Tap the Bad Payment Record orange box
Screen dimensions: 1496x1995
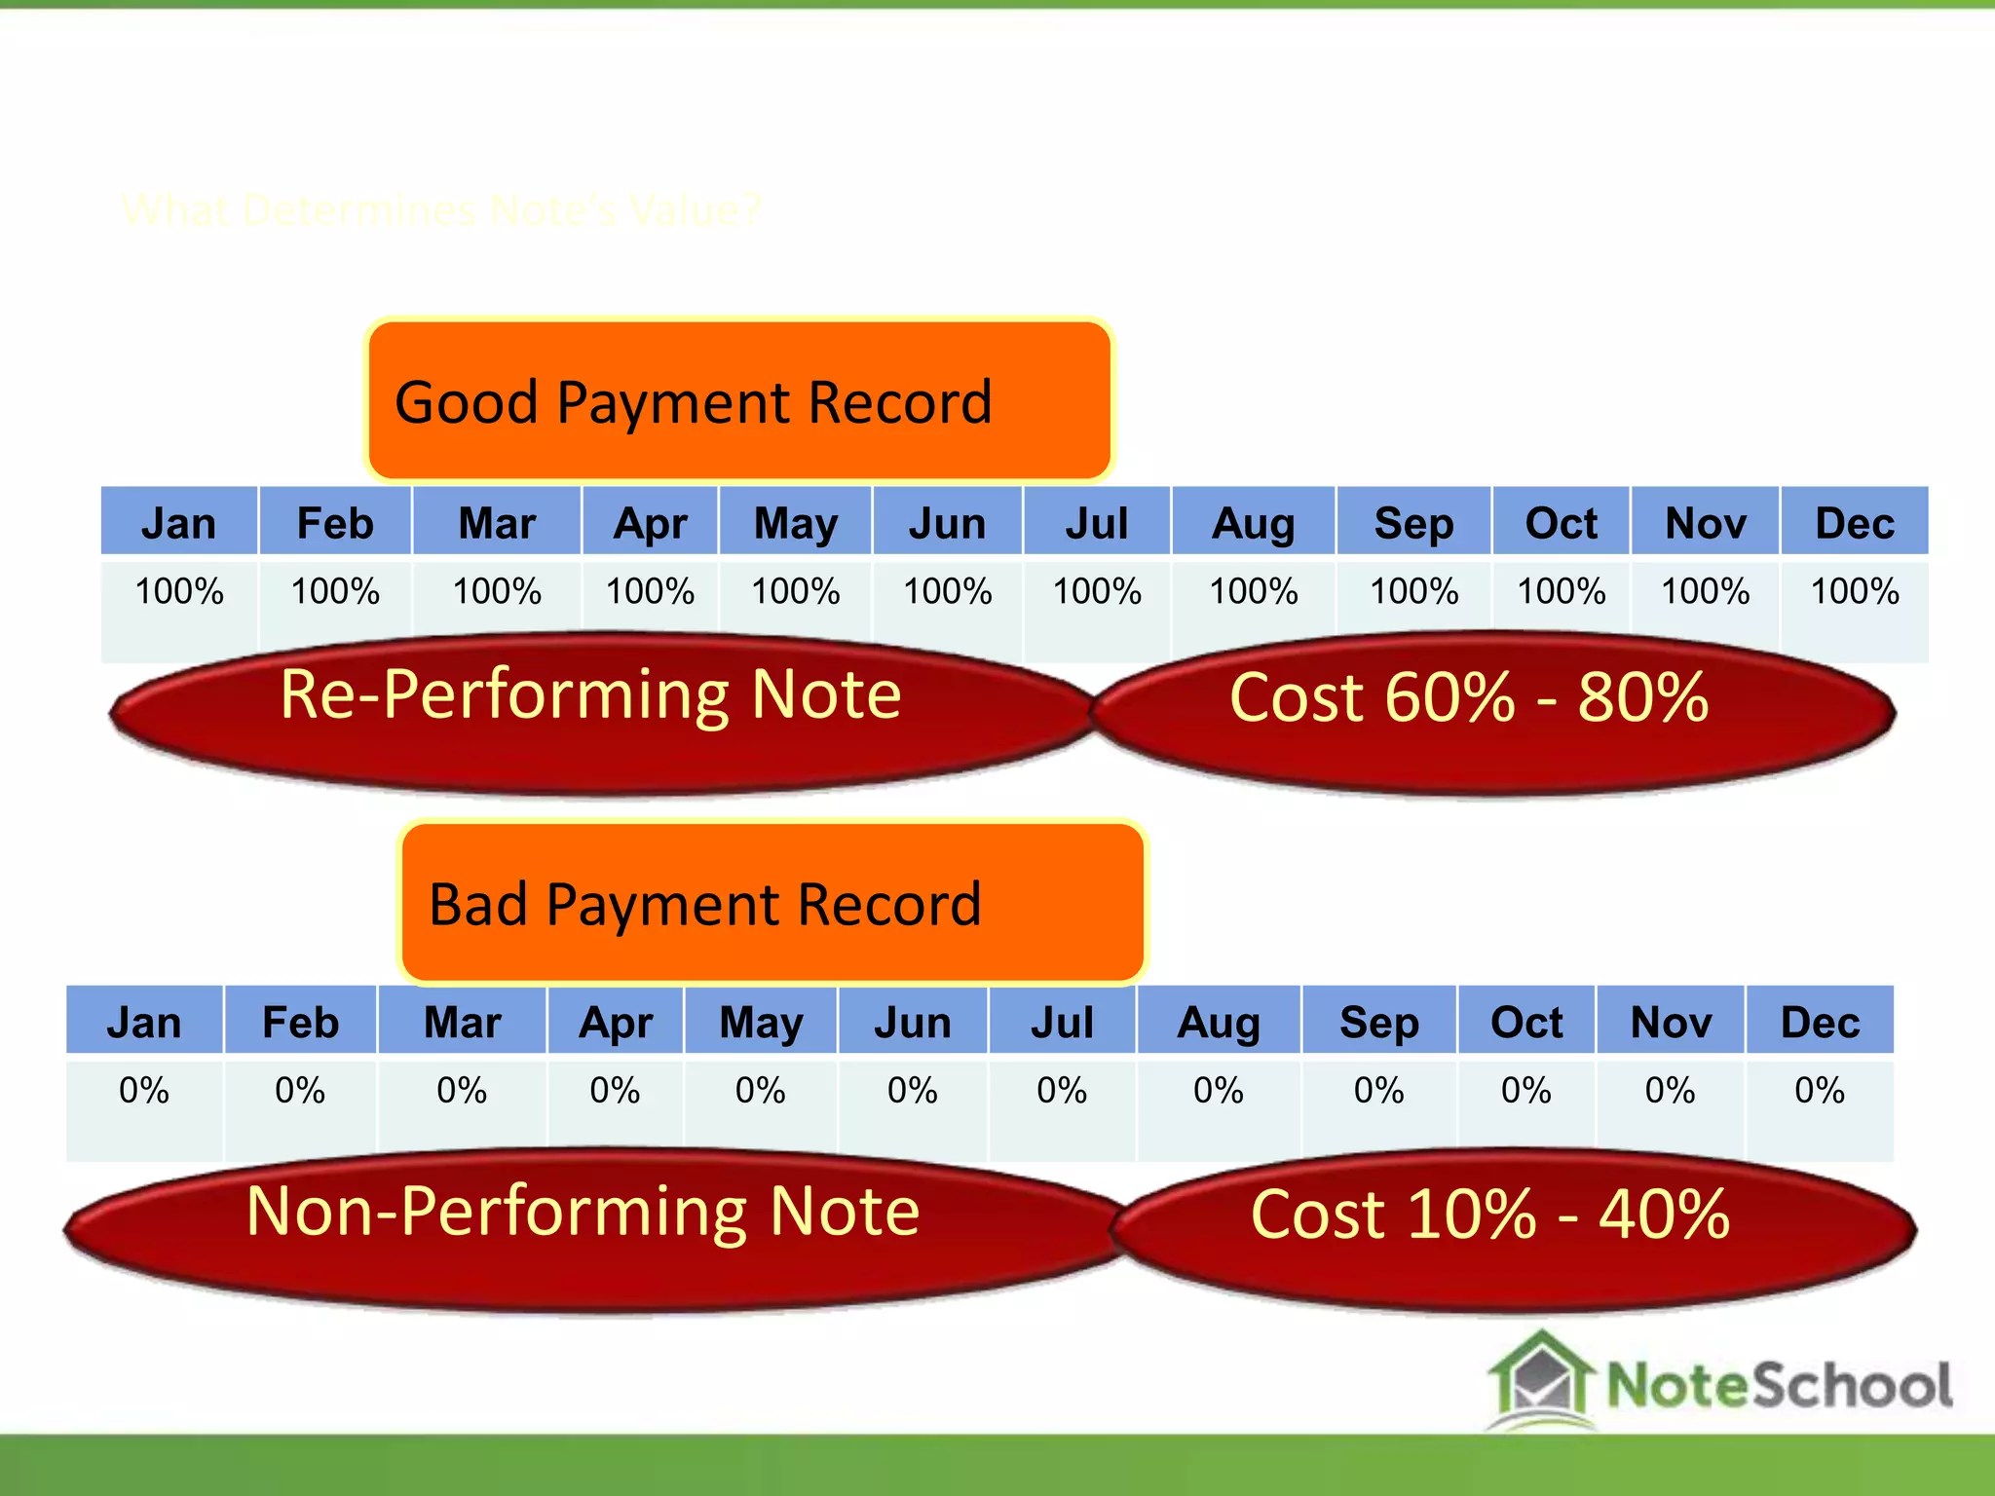(772, 903)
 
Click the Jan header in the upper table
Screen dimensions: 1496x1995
(179, 523)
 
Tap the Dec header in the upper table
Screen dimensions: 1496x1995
(1854, 523)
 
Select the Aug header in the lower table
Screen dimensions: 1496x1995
(1219, 1022)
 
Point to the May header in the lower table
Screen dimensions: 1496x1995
(761, 1022)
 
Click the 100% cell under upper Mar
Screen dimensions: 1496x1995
(497, 592)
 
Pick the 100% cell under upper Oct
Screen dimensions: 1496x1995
(1561, 592)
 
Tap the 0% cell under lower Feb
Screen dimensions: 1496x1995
(300, 1091)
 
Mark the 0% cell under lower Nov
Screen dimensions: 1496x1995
(1670, 1091)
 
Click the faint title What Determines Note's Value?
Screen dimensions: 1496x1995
(440, 210)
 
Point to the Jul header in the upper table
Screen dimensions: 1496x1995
(1096, 523)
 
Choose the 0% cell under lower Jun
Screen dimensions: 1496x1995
(913, 1091)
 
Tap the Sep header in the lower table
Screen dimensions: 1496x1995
(1379, 1022)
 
